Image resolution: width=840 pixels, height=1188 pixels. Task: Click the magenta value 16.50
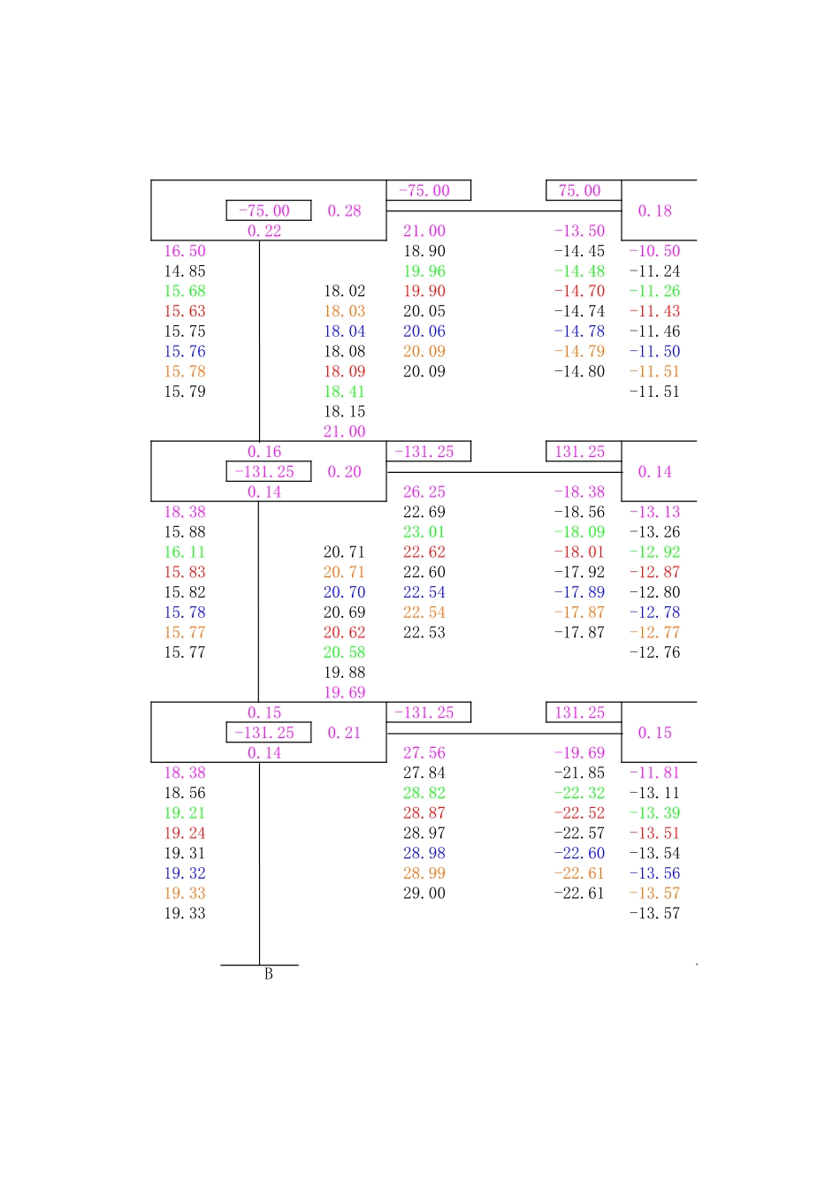pos(185,251)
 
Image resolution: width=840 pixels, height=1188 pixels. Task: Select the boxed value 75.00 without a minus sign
pos(579,191)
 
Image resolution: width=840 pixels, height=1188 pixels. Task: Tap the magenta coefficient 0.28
pos(344,211)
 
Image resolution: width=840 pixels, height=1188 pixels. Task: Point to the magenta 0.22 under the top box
pos(264,231)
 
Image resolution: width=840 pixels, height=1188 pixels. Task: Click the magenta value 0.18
pos(654,211)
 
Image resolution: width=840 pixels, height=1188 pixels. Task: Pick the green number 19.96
pos(424,271)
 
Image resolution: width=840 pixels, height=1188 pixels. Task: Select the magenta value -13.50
pos(579,231)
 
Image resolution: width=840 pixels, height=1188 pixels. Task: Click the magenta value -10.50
pos(654,251)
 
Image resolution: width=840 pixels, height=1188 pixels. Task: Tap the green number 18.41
pos(344,392)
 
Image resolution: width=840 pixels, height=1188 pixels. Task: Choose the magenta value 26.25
pos(424,492)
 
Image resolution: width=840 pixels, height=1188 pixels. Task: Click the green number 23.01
pos(424,532)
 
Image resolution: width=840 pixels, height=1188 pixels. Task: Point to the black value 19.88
pos(344,673)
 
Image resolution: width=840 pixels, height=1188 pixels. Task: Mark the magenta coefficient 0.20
pos(344,472)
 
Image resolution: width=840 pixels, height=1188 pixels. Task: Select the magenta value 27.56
pos(424,753)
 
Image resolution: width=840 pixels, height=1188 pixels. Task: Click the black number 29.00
pos(424,894)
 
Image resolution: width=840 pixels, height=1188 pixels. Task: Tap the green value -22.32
pos(579,793)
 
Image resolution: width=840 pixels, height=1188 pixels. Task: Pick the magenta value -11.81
pos(654,773)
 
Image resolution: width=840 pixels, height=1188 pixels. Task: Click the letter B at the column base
pos(269,974)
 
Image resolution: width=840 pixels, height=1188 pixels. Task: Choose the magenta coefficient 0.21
pos(344,733)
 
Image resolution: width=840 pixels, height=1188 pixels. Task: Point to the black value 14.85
pos(185,271)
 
